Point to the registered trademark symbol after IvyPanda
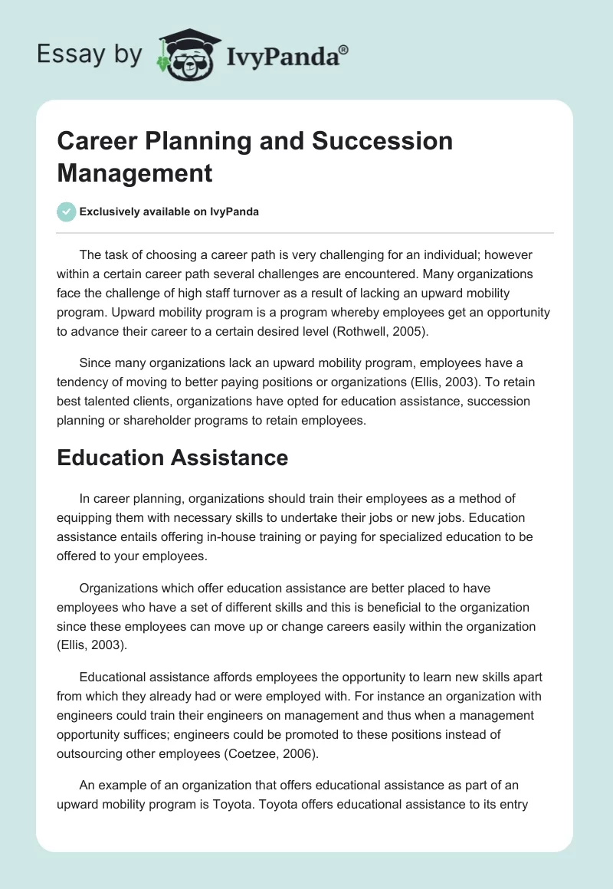pyautogui.click(x=343, y=49)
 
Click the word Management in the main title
pyautogui.click(x=135, y=172)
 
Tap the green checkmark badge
pyautogui.click(x=67, y=212)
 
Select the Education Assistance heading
pyautogui.click(x=172, y=458)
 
